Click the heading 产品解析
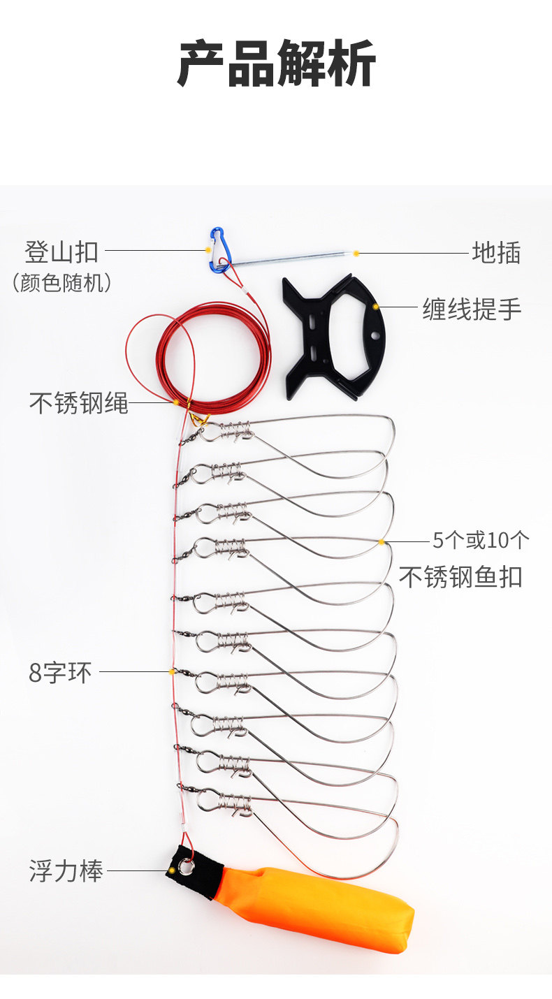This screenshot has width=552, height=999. point(276,64)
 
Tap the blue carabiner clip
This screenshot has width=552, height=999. point(218,249)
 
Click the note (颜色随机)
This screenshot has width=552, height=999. point(61,283)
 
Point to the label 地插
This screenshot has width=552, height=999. point(496,252)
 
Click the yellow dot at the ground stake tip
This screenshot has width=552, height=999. point(356,253)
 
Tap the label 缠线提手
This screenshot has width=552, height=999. point(472,308)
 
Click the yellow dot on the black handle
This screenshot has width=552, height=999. point(376,307)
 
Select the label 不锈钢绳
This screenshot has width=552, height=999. point(78,403)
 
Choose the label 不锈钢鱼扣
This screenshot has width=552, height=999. point(460,576)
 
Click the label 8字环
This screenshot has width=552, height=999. point(60,673)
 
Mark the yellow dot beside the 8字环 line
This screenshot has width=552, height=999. point(172,672)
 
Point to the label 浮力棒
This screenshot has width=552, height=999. point(66,871)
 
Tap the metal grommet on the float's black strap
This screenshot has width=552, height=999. point(186,867)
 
